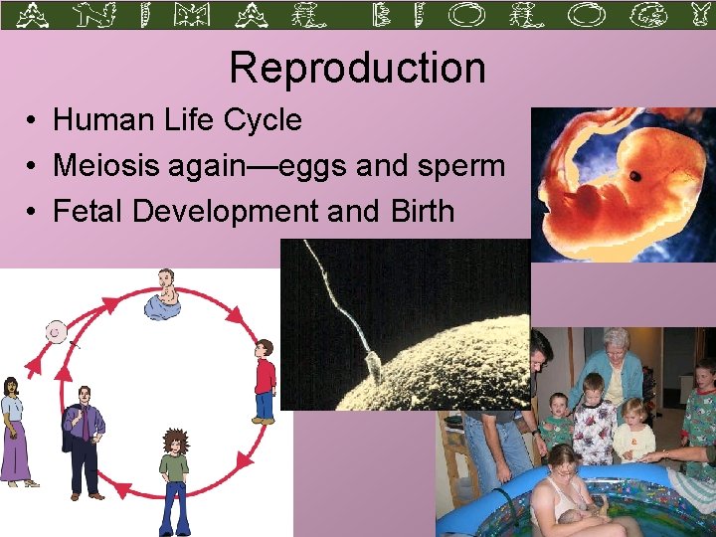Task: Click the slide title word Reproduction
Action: pos(357,68)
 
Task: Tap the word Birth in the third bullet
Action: pos(418,211)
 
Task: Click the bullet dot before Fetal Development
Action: pos(33,212)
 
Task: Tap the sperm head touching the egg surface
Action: pos(375,369)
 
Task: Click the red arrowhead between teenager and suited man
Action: pos(123,489)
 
